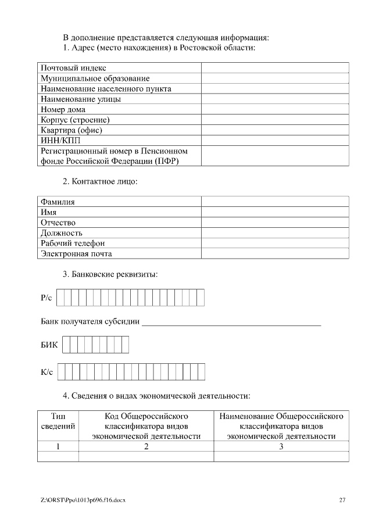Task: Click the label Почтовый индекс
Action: click(73, 69)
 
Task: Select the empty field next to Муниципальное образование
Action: click(274, 78)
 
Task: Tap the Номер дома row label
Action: click(63, 109)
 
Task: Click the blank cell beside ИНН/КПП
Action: click(274, 140)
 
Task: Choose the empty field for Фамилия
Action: click(274, 202)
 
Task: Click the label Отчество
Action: click(58, 223)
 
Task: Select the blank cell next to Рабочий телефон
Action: click(274, 244)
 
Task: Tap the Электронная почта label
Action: click(76, 254)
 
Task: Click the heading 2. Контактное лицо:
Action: click(100, 181)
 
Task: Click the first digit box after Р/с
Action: click(60, 298)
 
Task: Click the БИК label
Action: click(49, 345)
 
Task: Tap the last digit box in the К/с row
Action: click(202, 371)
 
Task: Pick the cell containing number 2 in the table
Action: click(146, 446)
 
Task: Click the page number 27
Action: click(342, 500)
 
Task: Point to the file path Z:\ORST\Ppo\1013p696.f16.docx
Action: click(83, 500)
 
